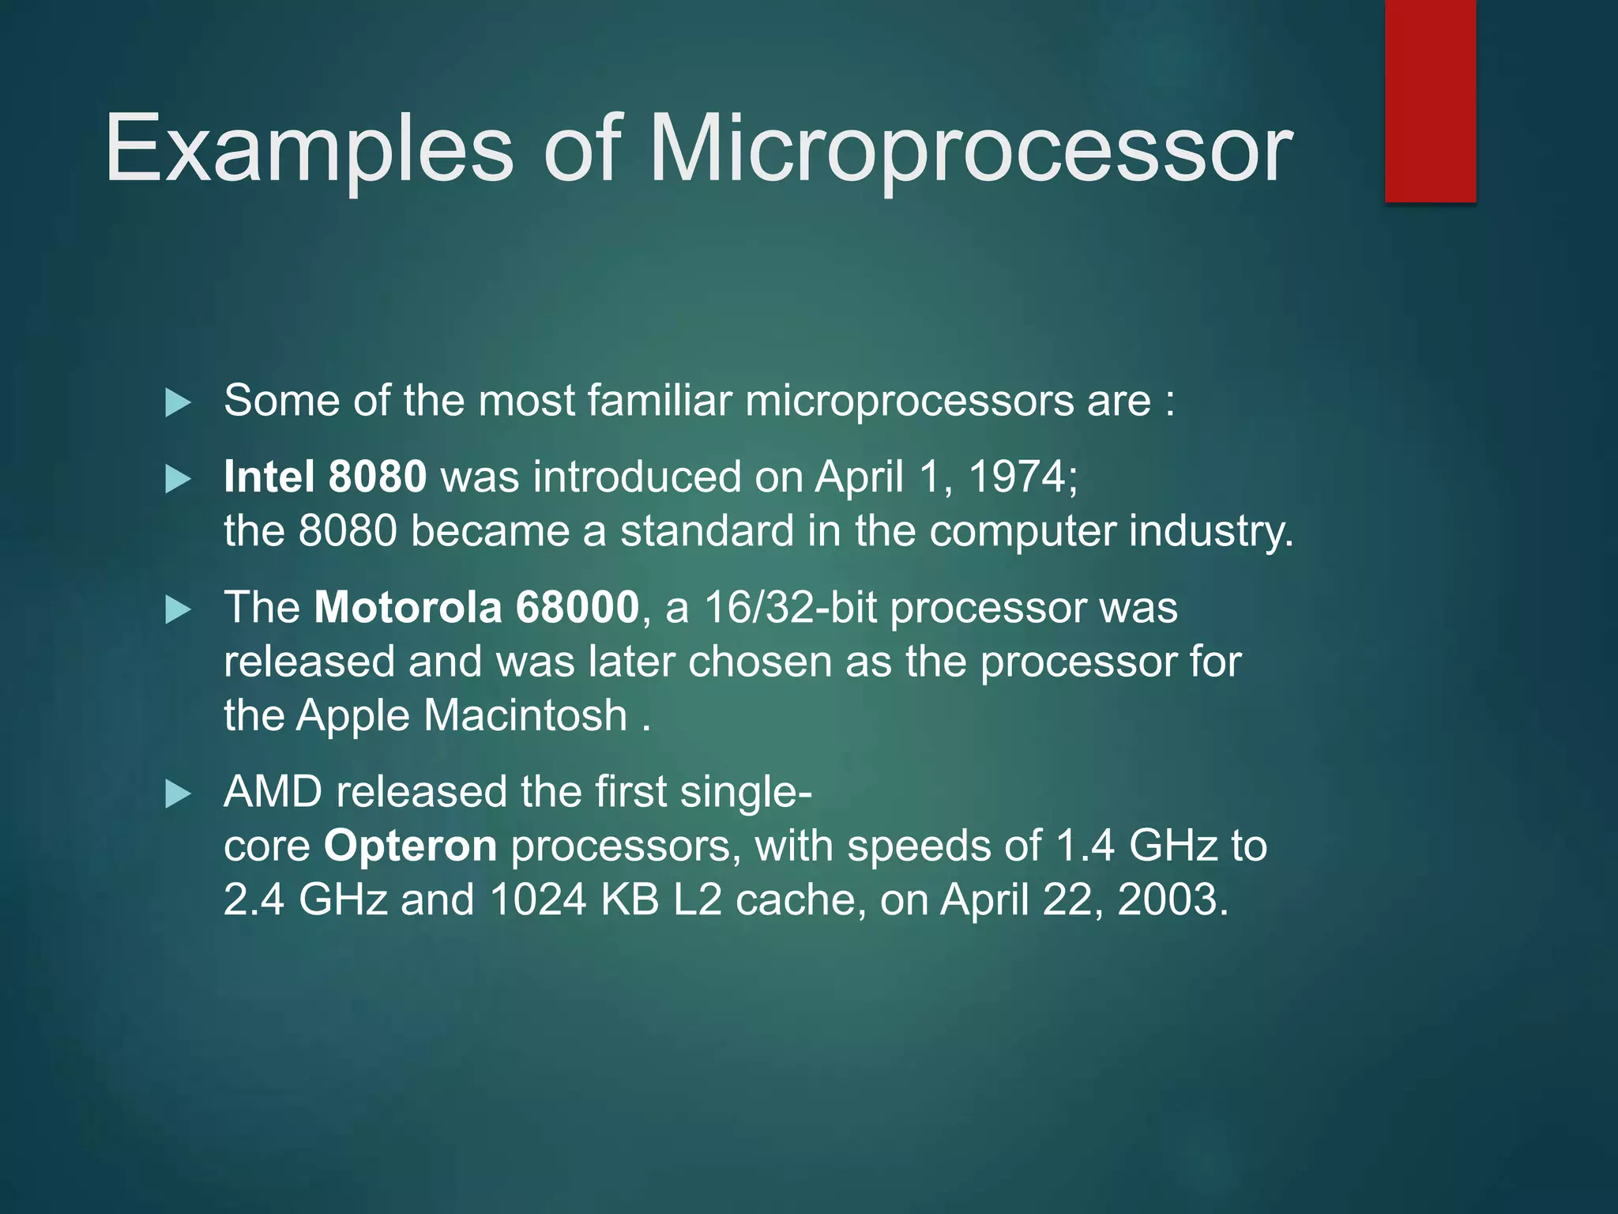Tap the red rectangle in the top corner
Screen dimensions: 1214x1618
coord(1430,101)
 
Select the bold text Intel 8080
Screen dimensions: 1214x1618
coord(325,477)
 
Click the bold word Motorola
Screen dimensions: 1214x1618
coord(408,607)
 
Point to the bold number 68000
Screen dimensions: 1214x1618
coord(577,607)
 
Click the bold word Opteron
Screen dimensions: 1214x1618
coord(410,846)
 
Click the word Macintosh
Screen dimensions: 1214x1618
coord(525,715)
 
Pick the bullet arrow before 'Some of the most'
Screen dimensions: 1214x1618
coord(179,403)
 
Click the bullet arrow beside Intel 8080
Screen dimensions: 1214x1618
coord(179,479)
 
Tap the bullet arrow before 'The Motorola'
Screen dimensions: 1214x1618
coord(179,609)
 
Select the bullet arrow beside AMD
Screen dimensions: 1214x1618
coord(179,794)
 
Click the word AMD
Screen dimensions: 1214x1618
coord(273,792)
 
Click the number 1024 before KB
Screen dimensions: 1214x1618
coord(537,899)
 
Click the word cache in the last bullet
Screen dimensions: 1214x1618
coord(795,899)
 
